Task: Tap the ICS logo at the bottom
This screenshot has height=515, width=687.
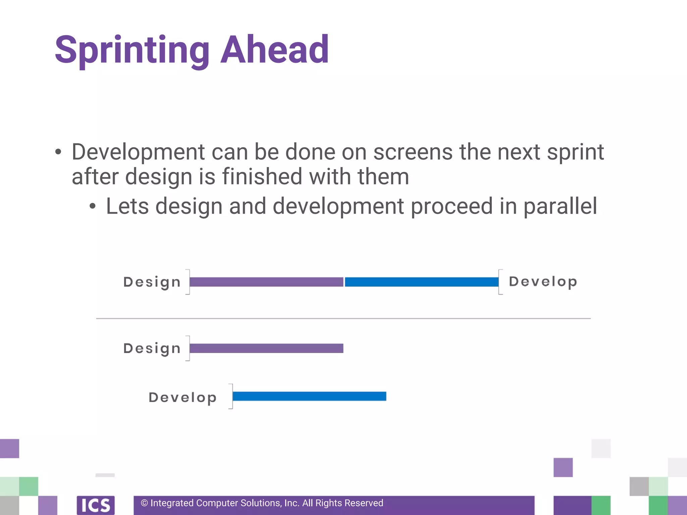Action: coord(96,505)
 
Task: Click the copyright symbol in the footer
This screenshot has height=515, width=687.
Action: coord(144,503)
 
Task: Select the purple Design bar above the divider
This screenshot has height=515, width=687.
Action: coord(266,282)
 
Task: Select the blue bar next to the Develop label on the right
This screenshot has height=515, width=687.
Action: coord(421,282)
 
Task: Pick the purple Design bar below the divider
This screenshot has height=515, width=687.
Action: coord(266,348)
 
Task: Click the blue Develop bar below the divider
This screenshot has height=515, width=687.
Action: coord(309,396)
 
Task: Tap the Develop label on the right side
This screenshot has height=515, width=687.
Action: coord(543,282)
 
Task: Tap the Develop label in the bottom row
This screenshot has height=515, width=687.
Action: coord(182,397)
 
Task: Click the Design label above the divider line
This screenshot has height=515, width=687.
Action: coord(152,282)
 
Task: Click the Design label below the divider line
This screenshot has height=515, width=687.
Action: coord(152,348)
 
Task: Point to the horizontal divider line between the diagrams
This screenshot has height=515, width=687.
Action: coord(343,319)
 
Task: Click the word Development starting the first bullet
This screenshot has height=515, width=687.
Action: coord(138,153)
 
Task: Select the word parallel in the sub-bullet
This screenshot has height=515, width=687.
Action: coord(560,206)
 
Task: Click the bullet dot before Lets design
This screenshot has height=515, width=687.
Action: coord(93,207)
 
